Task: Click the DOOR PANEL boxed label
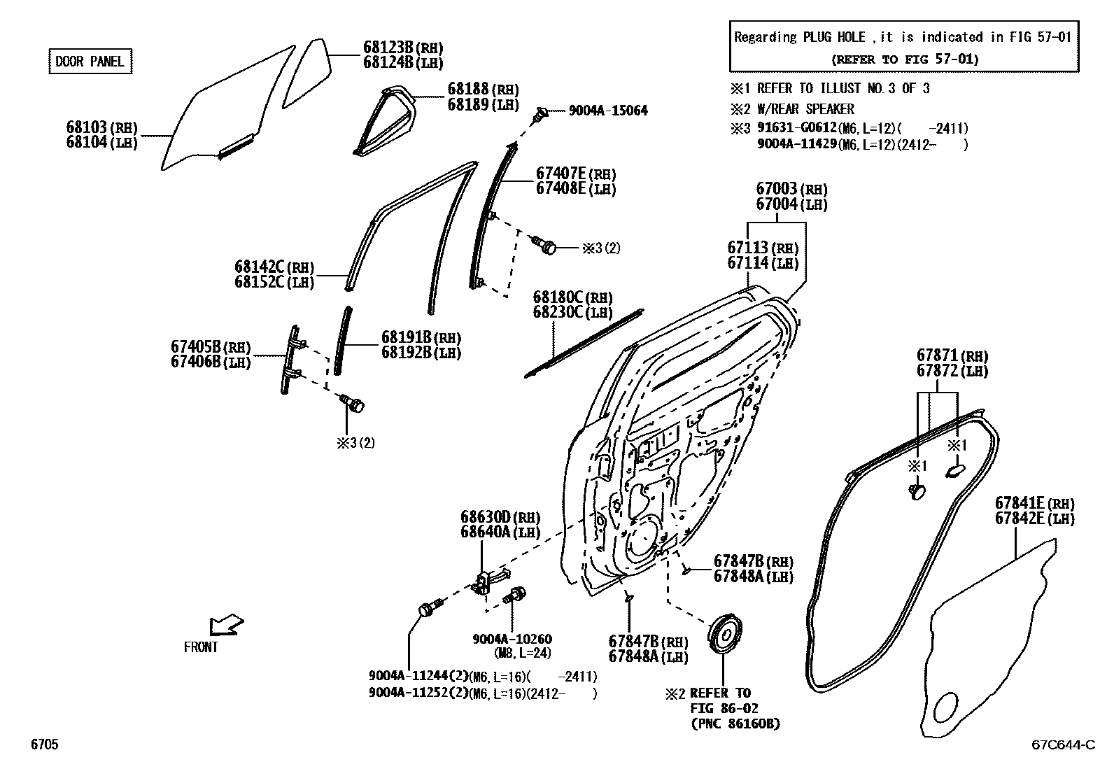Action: point(90,62)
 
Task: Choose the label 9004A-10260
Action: point(512,639)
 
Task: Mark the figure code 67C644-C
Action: point(1063,745)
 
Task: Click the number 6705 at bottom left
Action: point(43,745)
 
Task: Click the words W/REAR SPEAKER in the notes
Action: point(805,109)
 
